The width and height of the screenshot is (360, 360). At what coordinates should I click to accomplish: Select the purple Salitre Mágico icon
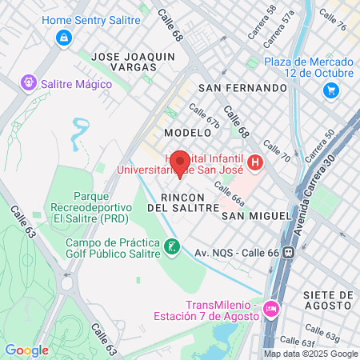click(29, 82)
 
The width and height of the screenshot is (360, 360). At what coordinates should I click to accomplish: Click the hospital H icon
click(255, 163)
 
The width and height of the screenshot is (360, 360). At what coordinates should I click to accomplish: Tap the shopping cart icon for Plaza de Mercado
click(330, 90)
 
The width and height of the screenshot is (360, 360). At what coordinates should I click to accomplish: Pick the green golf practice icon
click(170, 248)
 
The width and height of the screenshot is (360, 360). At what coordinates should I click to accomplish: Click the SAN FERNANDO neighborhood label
click(242, 87)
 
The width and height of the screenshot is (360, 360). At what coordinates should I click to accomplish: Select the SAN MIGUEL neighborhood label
click(256, 216)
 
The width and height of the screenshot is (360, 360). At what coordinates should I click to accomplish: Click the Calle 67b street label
click(204, 117)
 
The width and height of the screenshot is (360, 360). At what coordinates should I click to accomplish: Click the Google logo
click(26, 350)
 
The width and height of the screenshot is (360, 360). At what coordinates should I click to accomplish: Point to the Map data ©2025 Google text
click(311, 354)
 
